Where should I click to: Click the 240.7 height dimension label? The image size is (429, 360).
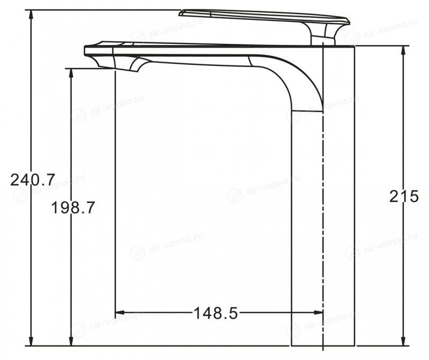33,180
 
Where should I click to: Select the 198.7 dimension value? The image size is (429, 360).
73,207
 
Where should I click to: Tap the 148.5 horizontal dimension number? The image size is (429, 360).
216,313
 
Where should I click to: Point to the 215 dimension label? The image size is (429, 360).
404,196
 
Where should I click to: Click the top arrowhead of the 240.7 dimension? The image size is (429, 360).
31,15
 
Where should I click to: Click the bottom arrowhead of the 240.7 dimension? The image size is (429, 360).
31,340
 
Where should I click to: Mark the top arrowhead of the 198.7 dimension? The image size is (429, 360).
71,74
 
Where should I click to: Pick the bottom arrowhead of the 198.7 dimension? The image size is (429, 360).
71,340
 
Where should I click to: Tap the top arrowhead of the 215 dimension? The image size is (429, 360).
403,51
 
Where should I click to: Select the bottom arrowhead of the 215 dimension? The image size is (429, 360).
403,340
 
